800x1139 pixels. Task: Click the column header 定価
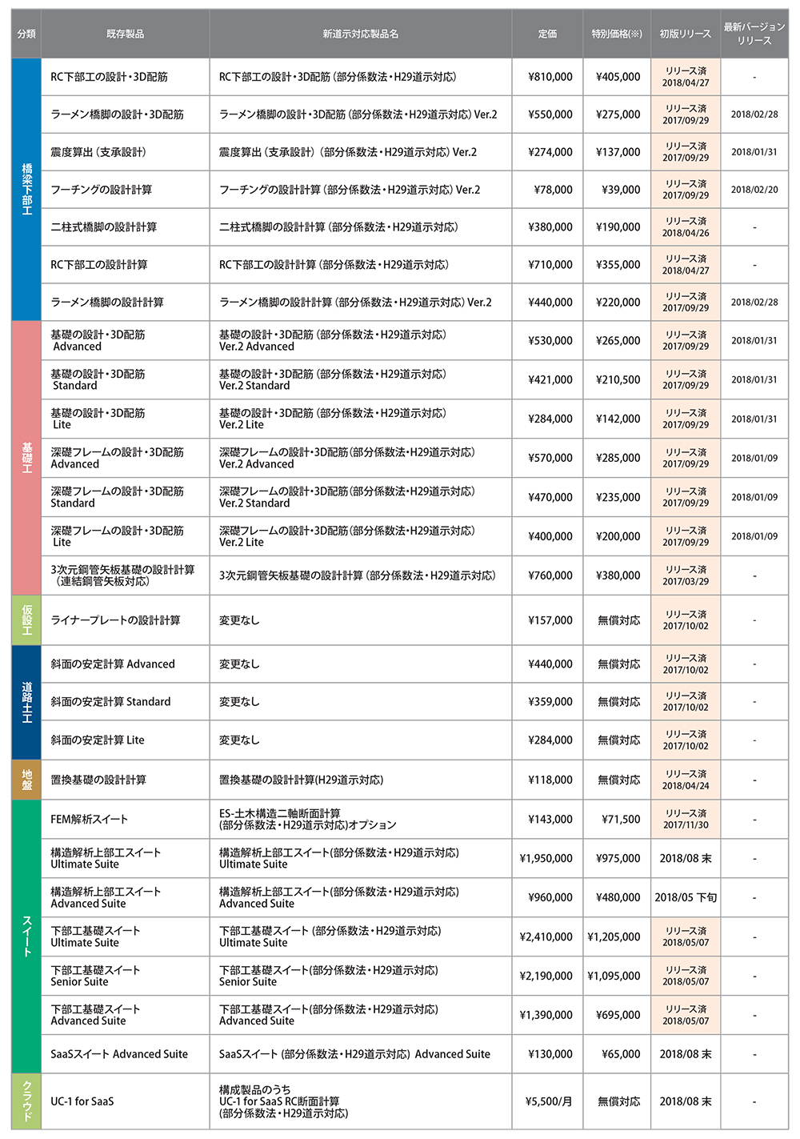pyautogui.click(x=547, y=34)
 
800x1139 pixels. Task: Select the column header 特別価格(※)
pyautogui.click(x=616, y=34)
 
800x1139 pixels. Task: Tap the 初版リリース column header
pyautogui.click(x=685, y=34)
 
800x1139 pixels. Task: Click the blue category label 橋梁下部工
pyautogui.click(x=26, y=189)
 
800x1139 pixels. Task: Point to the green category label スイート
pyautogui.click(x=26, y=936)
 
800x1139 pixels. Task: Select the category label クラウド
pyautogui.click(x=26, y=1101)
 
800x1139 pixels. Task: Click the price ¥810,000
pyautogui.click(x=550, y=77)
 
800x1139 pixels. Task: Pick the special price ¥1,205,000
pyautogui.click(x=614, y=936)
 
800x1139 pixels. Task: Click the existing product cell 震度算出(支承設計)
pyautogui.click(x=98, y=152)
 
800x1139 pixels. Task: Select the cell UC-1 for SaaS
pyautogui.click(x=82, y=1101)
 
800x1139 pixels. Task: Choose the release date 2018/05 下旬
pyautogui.click(x=686, y=897)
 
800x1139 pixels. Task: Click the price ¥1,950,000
pyautogui.click(x=546, y=858)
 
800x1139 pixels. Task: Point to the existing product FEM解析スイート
pyautogui.click(x=90, y=819)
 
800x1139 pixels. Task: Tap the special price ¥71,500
pyautogui.click(x=621, y=819)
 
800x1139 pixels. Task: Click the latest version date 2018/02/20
pyautogui.click(x=754, y=190)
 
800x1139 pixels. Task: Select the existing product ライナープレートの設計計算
pyautogui.click(x=115, y=620)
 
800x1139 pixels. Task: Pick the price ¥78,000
pyautogui.click(x=553, y=190)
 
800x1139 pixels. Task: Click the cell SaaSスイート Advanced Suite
pyautogui.click(x=119, y=1054)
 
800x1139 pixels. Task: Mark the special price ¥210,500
pyautogui.click(x=618, y=379)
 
